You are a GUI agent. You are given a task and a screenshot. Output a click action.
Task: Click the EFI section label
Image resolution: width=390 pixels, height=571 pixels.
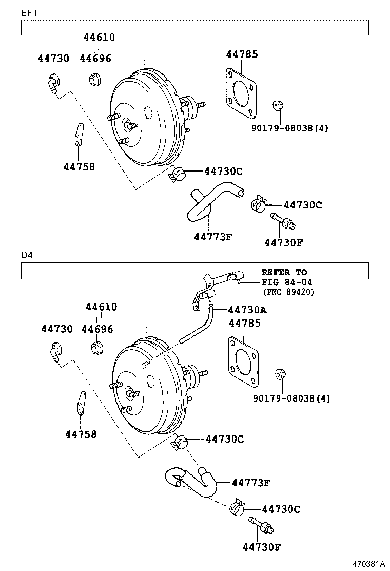[x=28, y=12]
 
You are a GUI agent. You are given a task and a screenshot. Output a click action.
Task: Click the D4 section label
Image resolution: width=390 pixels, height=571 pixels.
[x=26, y=255]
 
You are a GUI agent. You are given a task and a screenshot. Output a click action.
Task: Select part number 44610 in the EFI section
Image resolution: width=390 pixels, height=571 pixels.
[x=99, y=37]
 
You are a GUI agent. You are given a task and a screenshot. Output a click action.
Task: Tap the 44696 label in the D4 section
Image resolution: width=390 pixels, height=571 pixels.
[x=97, y=329]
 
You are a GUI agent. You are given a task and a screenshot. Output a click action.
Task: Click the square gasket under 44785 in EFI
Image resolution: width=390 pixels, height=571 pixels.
[x=239, y=92]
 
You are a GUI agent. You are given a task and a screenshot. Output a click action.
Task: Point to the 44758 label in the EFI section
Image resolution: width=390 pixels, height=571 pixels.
[x=79, y=166]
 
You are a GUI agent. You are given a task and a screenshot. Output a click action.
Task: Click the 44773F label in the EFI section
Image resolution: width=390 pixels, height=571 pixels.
[x=213, y=237]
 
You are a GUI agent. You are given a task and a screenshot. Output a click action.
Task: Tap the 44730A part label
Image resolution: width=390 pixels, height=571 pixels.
[x=247, y=310]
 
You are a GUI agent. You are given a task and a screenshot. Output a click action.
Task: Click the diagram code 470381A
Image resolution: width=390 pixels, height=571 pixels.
[x=368, y=564]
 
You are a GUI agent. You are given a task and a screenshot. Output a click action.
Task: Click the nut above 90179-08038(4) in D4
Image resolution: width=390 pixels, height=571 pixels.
[x=280, y=374]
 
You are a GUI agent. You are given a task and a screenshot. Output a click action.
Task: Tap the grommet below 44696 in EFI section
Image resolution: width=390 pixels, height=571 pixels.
[x=93, y=79]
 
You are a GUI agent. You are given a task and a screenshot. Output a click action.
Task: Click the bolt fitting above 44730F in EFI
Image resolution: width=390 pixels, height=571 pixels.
[x=282, y=220]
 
